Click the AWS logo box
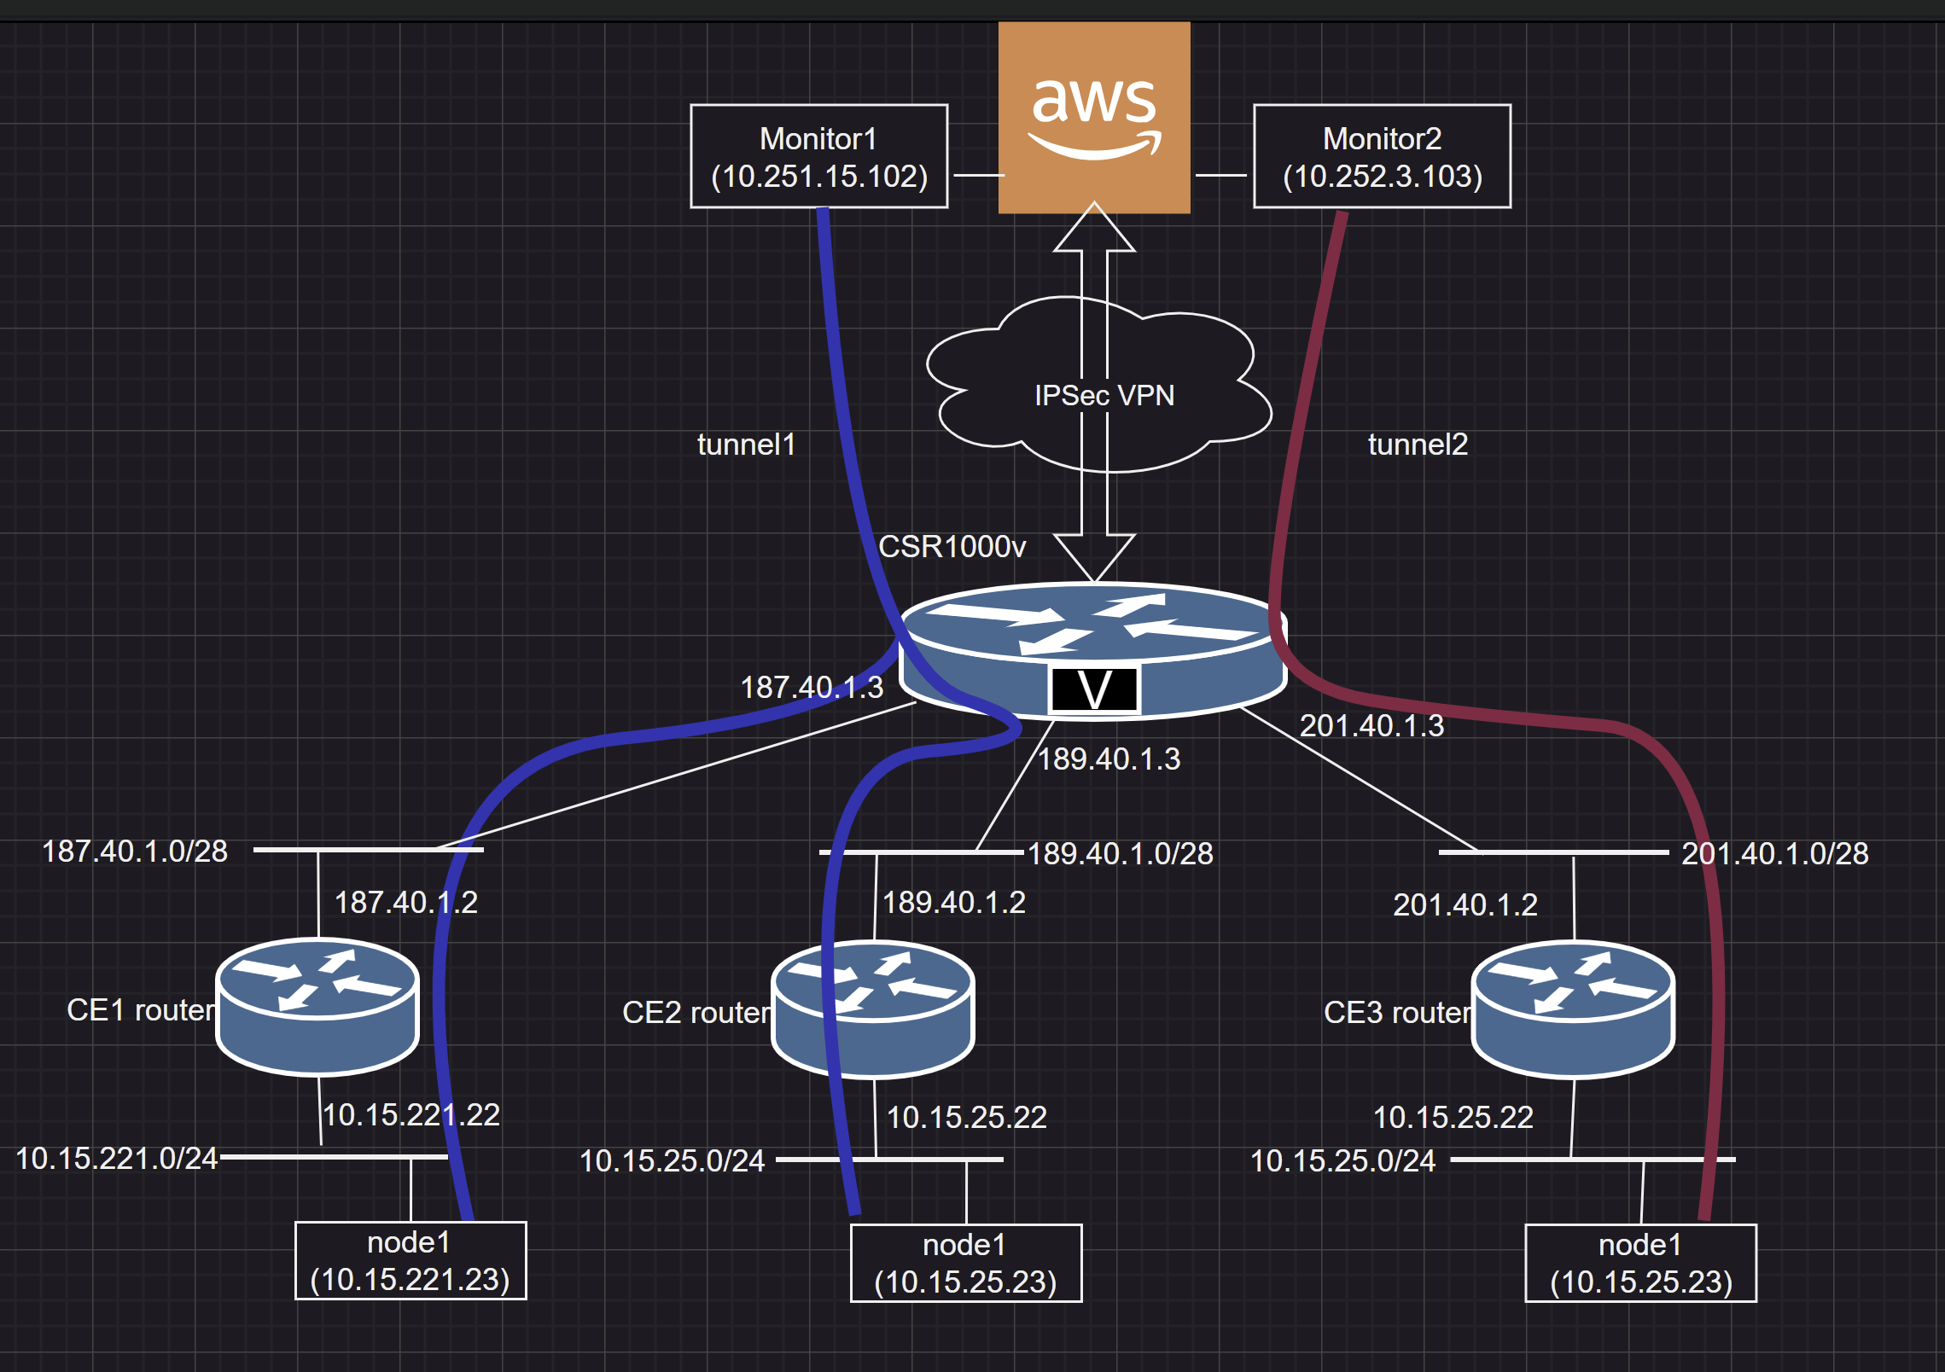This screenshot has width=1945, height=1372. [x=1093, y=118]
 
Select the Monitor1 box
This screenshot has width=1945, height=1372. [x=818, y=156]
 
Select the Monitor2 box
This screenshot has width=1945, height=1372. [x=1381, y=156]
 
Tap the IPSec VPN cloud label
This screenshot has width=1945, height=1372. [x=1104, y=396]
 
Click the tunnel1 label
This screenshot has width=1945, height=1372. [x=746, y=445]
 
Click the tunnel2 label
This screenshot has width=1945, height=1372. [x=1417, y=445]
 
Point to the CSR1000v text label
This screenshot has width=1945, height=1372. [x=952, y=547]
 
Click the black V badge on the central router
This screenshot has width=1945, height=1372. [x=1094, y=689]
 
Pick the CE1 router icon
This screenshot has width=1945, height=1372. [x=317, y=1007]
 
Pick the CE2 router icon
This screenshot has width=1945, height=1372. [x=873, y=1009]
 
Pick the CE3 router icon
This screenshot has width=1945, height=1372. [x=1573, y=1009]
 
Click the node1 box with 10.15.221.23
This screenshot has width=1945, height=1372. [x=411, y=1261]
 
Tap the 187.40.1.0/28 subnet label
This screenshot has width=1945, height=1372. [x=135, y=852]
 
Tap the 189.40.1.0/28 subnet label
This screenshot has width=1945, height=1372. [x=1120, y=854]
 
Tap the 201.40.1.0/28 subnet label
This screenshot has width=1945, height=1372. [x=1774, y=854]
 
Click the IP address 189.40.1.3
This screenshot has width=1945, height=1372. [x=1109, y=759]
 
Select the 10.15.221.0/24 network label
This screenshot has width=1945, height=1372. [x=117, y=1159]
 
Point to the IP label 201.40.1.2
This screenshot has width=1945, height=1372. [x=1465, y=905]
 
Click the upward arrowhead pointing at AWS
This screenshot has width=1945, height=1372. [x=1094, y=229]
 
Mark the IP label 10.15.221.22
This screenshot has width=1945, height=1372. [x=411, y=1115]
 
